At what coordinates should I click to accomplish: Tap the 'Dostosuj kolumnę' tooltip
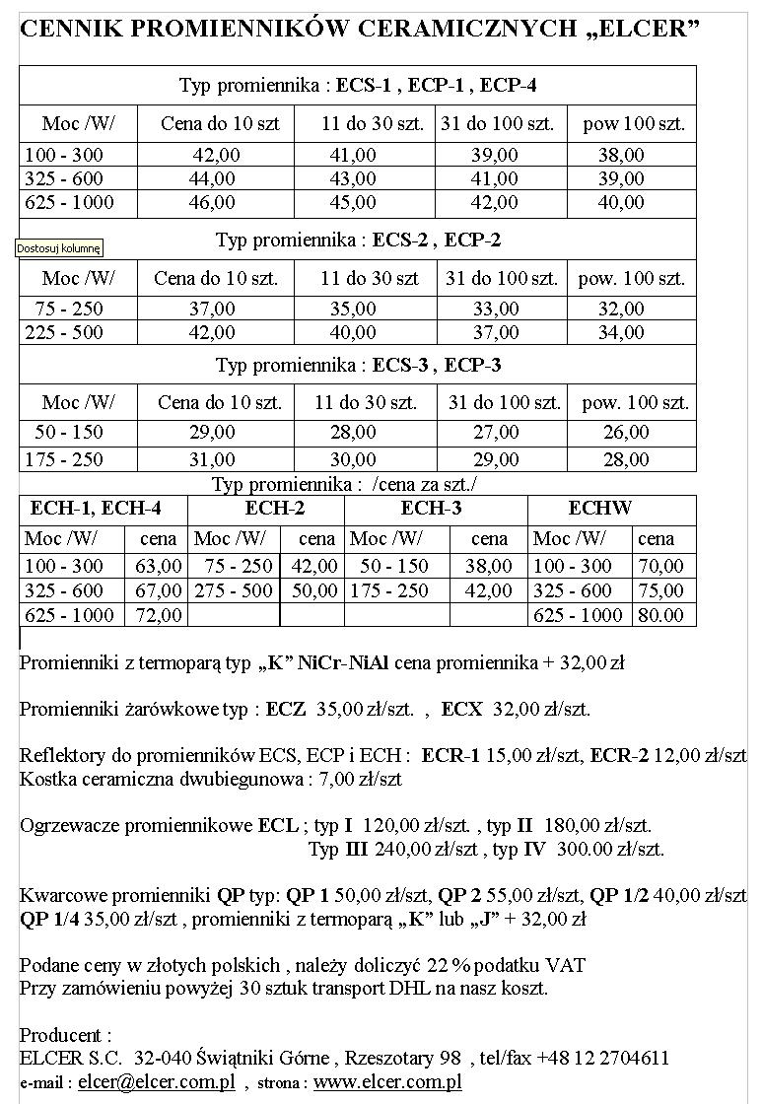(59, 248)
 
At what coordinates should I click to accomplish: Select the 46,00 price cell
(212, 203)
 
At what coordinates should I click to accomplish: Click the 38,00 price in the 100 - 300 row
(621, 156)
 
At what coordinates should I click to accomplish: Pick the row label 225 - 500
(64, 333)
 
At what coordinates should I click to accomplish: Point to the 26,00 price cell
(626, 433)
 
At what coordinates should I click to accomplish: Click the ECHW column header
(600, 509)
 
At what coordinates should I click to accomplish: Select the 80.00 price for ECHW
(660, 615)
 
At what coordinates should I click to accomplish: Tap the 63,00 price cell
(158, 567)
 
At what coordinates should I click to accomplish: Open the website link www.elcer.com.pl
(387, 1081)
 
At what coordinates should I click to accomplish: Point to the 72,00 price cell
(158, 615)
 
